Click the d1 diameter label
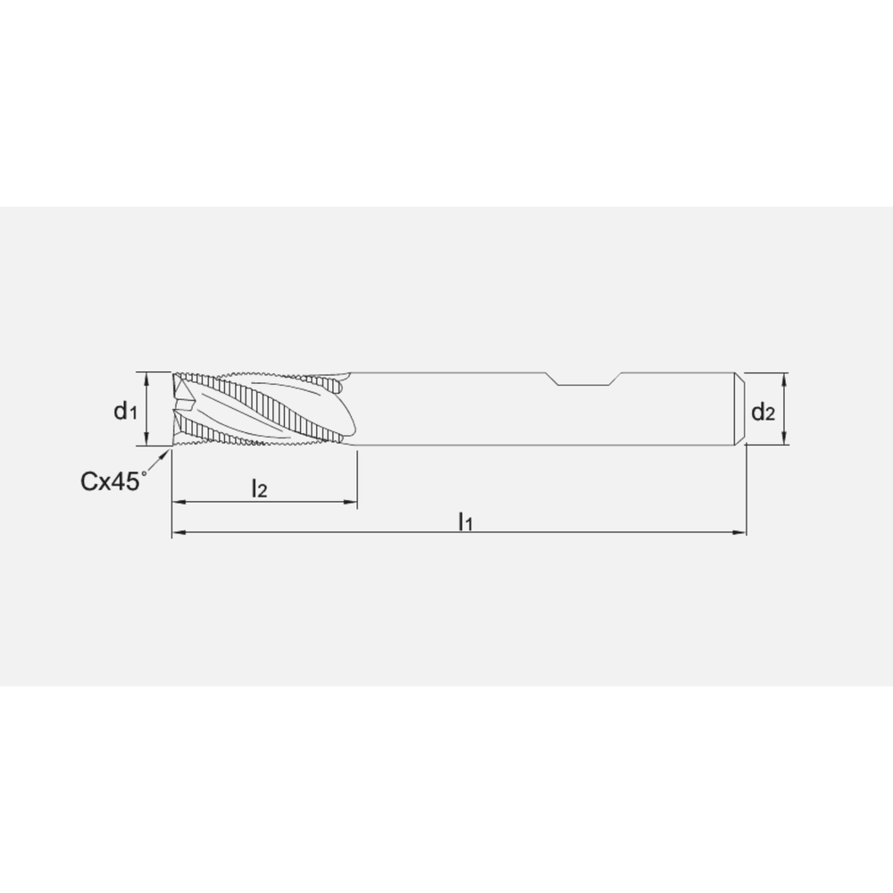[124, 411]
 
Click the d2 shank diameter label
[762, 412]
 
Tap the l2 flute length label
[259, 488]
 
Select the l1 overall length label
[464, 521]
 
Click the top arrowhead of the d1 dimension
[147, 376]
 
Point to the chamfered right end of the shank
[741, 408]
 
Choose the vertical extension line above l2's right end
[357, 473]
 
